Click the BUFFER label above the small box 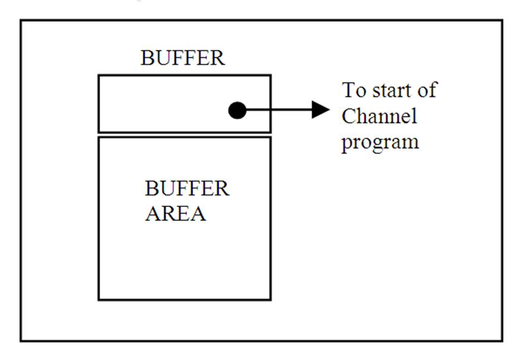pos(182,58)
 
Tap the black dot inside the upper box pos(238,110)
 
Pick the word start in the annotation pos(390,90)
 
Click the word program pos(380,142)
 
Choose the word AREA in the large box pos(175,214)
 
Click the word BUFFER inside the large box pos(187,189)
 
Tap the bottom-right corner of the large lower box pos(270,299)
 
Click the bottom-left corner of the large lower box pos(99,299)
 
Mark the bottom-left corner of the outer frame pos(21,340)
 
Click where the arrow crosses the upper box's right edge pos(270,110)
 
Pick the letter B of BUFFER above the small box pos(146,58)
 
